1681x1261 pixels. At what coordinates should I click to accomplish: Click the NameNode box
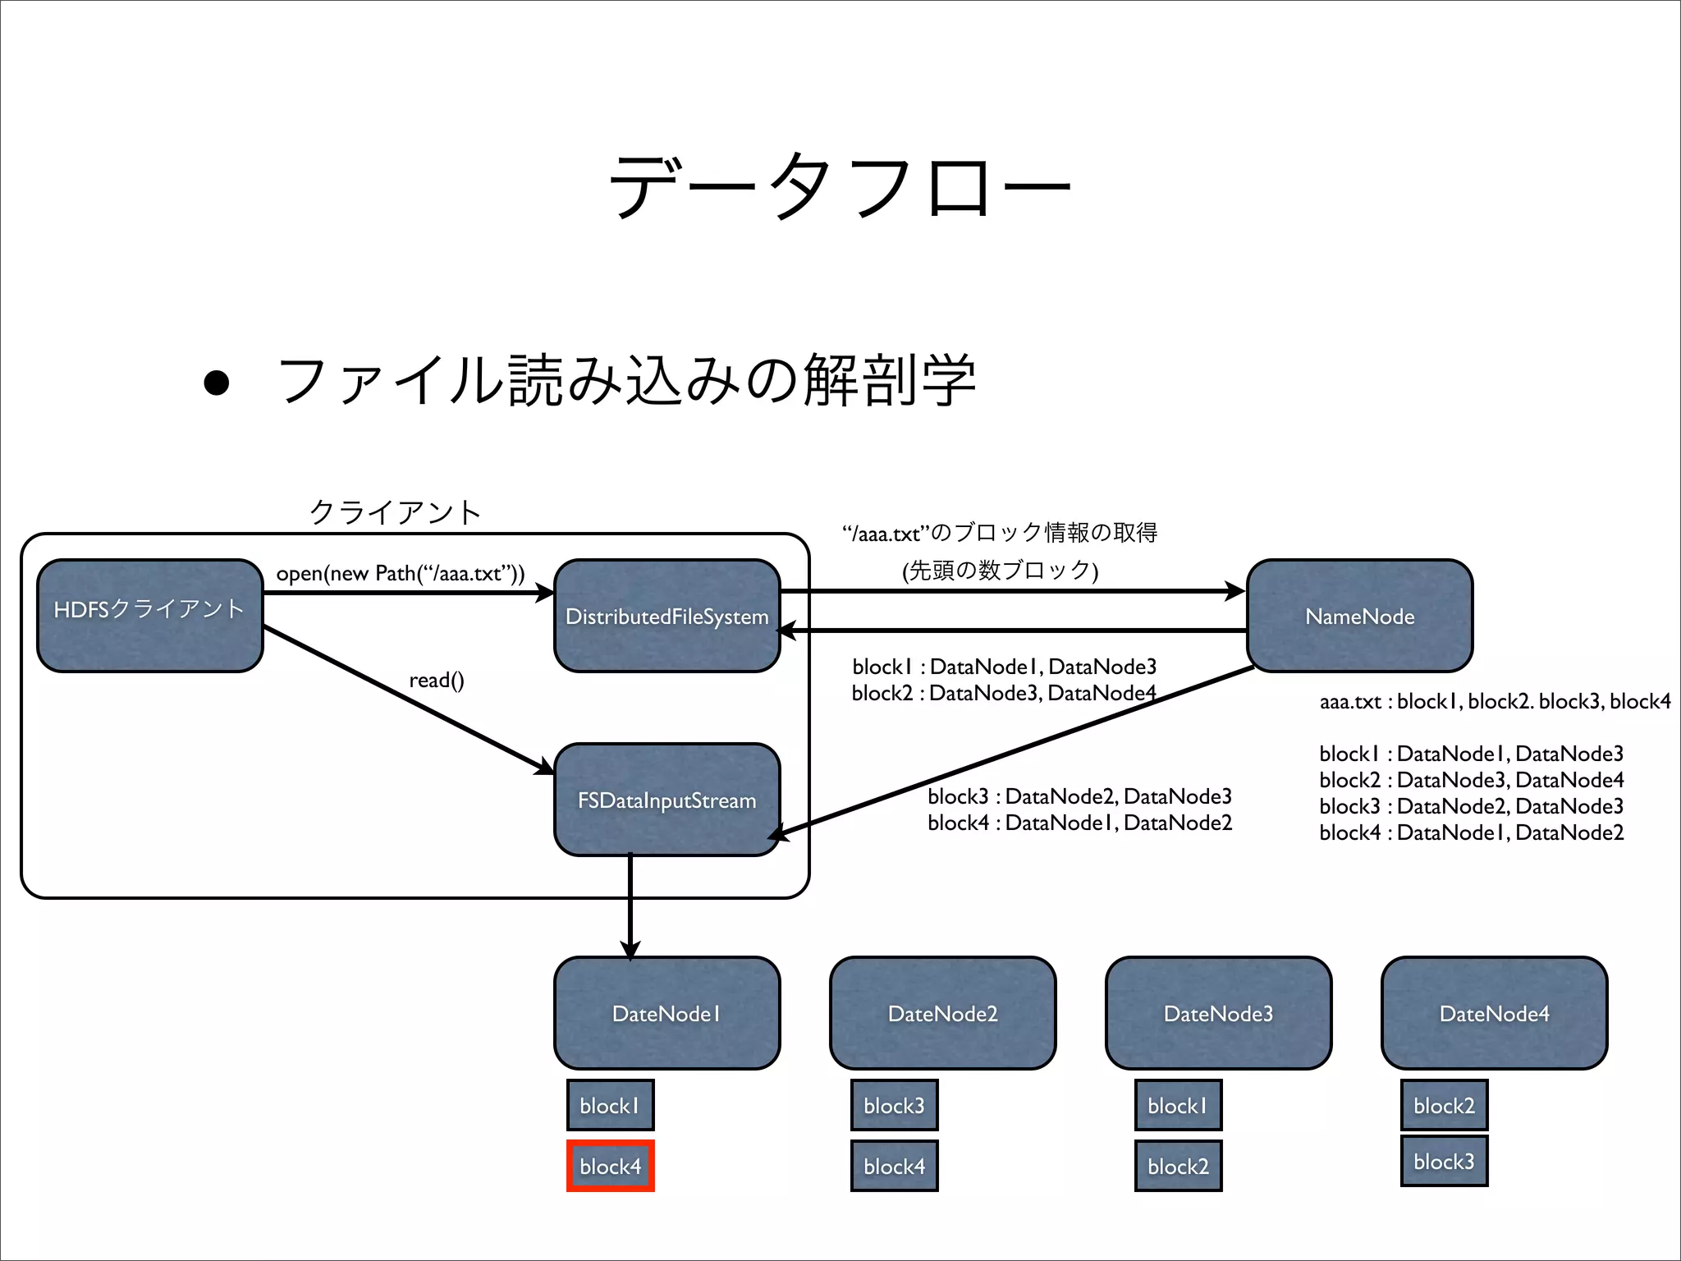(1359, 616)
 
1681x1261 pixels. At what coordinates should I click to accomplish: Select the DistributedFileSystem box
(666, 616)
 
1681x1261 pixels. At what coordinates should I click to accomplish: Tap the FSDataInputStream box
(666, 800)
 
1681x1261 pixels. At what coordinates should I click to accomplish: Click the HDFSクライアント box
(149, 616)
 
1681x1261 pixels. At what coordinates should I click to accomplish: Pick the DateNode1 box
(666, 1013)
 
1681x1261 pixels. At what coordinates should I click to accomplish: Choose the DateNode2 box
(942, 1013)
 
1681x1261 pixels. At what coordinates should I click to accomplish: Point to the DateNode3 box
(1218, 1013)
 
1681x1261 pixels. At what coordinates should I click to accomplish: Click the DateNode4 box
(1494, 1013)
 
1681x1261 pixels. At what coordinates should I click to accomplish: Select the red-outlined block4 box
(610, 1166)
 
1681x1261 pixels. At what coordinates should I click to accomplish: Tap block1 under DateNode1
(610, 1105)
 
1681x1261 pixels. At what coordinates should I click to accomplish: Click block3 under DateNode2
(894, 1105)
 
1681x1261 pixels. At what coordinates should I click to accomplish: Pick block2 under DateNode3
(1178, 1166)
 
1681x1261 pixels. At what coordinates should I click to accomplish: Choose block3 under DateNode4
(1444, 1161)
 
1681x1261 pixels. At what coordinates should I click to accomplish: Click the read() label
(437, 680)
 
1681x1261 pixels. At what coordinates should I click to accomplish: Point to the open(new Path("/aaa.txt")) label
(400, 573)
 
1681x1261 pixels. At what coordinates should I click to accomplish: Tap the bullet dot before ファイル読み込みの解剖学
(216, 383)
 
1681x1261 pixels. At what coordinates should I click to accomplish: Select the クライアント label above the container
(395, 512)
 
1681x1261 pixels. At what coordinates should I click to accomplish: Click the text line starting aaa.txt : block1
(1494, 701)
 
